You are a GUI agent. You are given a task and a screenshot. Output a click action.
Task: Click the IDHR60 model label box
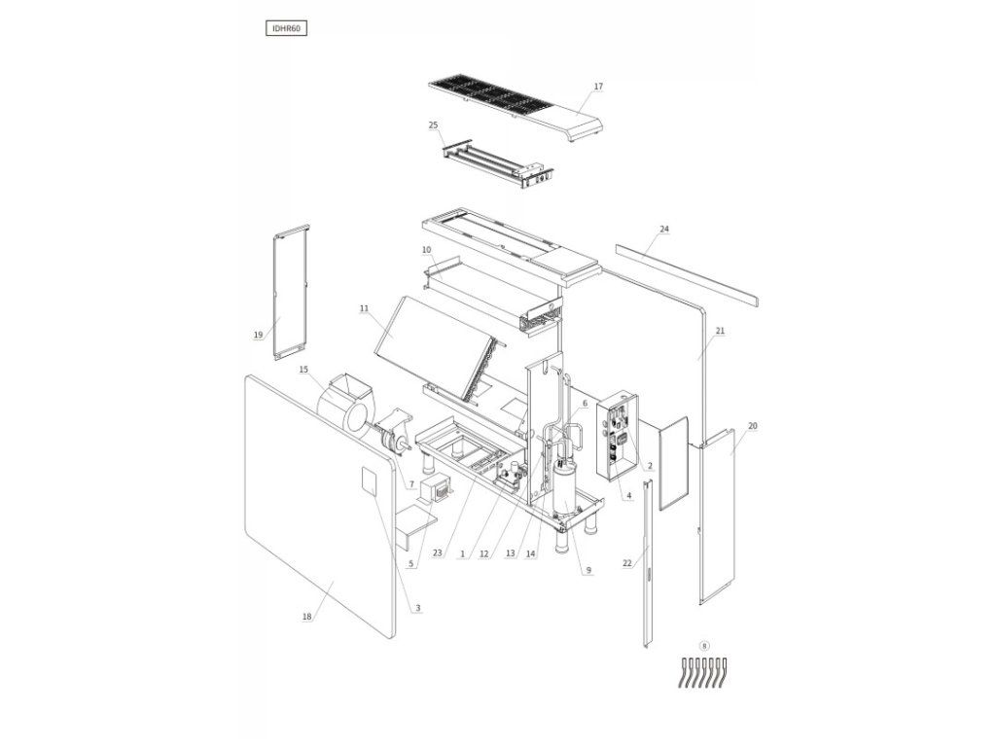(x=286, y=28)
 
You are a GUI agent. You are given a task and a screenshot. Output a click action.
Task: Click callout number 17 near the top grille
(x=598, y=87)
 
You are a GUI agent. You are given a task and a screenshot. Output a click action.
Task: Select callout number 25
(x=433, y=125)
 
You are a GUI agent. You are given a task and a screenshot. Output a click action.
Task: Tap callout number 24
(x=664, y=229)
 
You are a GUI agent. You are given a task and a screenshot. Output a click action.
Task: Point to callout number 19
(x=258, y=335)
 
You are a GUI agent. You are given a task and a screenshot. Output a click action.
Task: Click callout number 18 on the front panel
(x=307, y=616)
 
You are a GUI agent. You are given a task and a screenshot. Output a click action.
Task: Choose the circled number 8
(x=704, y=646)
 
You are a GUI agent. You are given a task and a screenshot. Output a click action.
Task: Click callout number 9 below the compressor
(x=588, y=570)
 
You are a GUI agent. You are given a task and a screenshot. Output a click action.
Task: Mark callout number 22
(x=627, y=563)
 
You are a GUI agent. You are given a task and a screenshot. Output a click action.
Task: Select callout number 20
(x=753, y=426)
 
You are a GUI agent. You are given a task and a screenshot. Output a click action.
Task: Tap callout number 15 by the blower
(x=303, y=369)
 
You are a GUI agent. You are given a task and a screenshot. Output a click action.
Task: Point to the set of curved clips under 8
(x=702, y=673)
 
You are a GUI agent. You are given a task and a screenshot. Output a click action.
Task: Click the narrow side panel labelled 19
(x=291, y=292)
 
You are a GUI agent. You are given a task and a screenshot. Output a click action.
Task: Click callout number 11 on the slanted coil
(x=364, y=308)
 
